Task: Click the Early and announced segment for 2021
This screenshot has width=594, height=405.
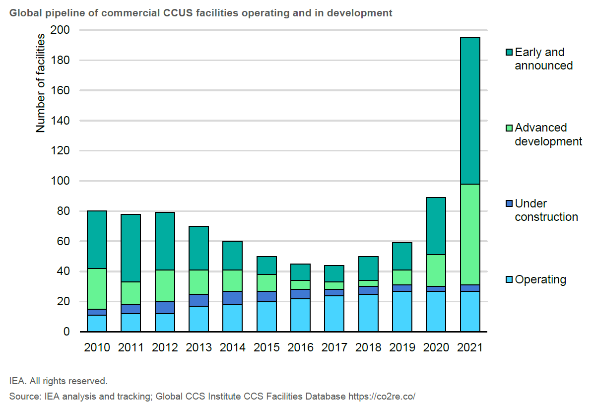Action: [470, 111]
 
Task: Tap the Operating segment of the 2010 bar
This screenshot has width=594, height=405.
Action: [97, 323]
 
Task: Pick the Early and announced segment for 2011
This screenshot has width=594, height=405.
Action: [131, 248]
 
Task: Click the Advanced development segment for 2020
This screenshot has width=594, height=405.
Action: [436, 270]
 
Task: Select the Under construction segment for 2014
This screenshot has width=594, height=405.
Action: [233, 298]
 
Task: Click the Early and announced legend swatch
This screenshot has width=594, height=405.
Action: [509, 52]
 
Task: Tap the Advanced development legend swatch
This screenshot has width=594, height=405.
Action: [509, 128]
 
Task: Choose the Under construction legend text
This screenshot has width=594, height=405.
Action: [546, 210]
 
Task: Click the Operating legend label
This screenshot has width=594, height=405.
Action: [540, 279]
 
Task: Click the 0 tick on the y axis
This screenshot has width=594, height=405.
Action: [66, 332]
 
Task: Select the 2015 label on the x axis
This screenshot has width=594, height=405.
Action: [266, 347]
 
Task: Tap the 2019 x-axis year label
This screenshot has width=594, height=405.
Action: [402, 347]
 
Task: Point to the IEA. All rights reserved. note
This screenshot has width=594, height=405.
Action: [58, 381]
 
